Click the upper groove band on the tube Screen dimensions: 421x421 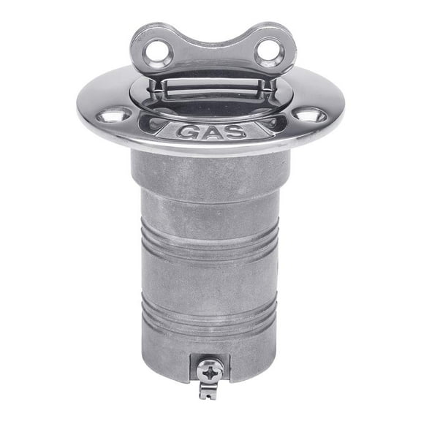(x=210, y=240)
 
